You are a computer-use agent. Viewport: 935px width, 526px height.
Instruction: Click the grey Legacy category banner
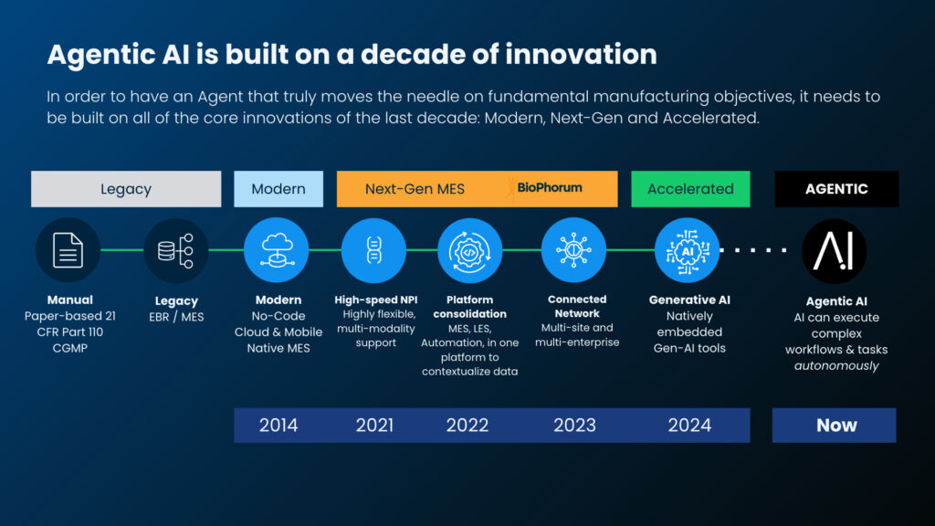pyautogui.click(x=126, y=189)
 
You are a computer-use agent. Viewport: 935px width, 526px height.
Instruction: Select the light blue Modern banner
pyautogui.click(x=278, y=189)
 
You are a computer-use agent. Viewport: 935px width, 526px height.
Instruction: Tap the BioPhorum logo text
pyautogui.click(x=549, y=188)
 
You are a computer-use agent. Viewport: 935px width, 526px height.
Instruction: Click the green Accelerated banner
pyautogui.click(x=690, y=189)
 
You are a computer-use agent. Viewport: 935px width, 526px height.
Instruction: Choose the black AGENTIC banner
pyautogui.click(x=836, y=189)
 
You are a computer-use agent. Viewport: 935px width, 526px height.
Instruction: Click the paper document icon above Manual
pyautogui.click(x=68, y=250)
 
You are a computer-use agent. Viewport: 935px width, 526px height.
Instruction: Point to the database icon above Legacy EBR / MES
pyautogui.click(x=176, y=250)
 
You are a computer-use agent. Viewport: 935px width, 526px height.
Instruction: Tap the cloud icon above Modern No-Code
pyautogui.click(x=276, y=250)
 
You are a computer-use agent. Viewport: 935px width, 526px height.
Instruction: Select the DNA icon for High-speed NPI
pyautogui.click(x=373, y=250)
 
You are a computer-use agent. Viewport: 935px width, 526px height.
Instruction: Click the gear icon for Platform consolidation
pyautogui.click(x=470, y=250)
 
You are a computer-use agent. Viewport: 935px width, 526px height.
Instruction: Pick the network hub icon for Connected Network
pyautogui.click(x=573, y=250)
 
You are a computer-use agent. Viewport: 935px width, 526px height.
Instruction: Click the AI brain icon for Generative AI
pyautogui.click(x=687, y=250)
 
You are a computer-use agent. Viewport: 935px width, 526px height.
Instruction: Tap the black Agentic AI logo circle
pyautogui.click(x=835, y=251)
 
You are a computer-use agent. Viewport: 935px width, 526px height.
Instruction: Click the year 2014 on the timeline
pyautogui.click(x=278, y=426)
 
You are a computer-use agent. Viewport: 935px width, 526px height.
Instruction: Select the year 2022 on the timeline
pyautogui.click(x=467, y=426)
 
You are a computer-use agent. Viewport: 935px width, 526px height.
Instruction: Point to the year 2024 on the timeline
pyautogui.click(x=690, y=426)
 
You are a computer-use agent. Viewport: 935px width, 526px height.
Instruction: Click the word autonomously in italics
pyautogui.click(x=836, y=365)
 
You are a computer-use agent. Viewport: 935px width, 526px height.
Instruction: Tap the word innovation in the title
pyautogui.click(x=582, y=54)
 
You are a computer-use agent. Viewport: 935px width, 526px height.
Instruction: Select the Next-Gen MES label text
pyautogui.click(x=415, y=189)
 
